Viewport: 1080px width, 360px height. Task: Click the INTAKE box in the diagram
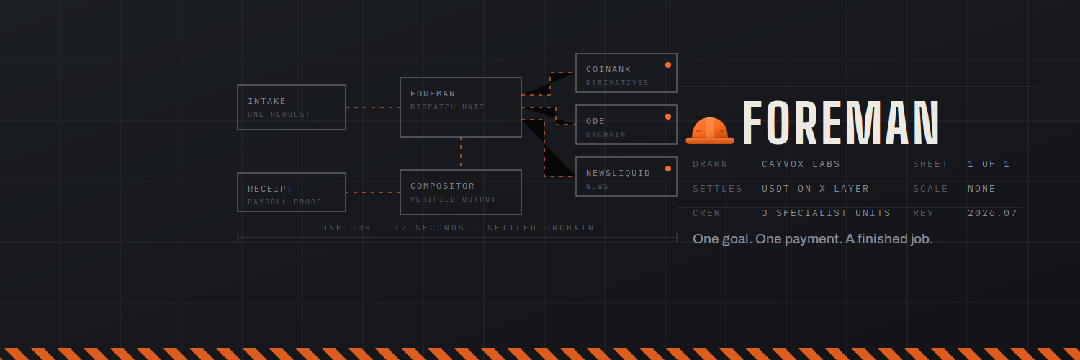click(291, 107)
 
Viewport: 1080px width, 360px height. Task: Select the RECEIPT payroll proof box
click(291, 192)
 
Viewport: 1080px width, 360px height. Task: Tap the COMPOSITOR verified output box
click(461, 192)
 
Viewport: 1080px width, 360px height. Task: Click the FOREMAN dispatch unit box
click(461, 107)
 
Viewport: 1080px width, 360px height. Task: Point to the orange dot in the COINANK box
click(667, 65)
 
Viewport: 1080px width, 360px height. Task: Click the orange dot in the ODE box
click(667, 117)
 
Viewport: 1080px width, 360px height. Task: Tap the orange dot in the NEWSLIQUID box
click(667, 168)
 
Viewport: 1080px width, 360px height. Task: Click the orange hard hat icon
click(710, 130)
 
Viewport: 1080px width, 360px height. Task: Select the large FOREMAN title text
click(841, 122)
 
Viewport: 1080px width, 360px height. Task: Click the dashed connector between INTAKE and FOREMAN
click(373, 107)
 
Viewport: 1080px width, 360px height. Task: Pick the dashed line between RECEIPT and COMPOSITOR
click(373, 192)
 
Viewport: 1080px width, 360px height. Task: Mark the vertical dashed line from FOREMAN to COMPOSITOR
click(461, 153)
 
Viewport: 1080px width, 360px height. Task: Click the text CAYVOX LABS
click(801, 164)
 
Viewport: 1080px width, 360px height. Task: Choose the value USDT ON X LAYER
click(815, 189)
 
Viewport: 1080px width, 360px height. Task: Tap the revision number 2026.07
click(992, 213)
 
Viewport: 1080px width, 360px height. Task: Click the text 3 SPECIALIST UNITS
click(826, 213)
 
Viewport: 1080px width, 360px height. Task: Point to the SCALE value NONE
click(981, 189)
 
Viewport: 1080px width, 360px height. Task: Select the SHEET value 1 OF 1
click(989, 164)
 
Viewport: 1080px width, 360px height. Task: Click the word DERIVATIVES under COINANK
click(617, 83)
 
